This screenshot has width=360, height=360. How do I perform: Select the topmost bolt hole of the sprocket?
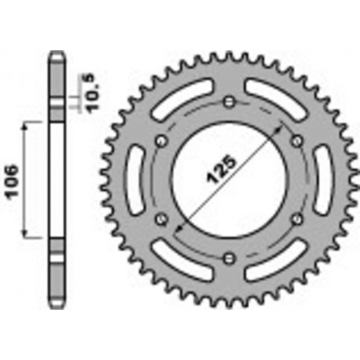tap(229, 101)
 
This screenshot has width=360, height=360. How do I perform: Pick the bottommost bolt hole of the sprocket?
tap(229, 257)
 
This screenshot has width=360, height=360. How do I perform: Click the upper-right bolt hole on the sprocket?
tap(296, 140)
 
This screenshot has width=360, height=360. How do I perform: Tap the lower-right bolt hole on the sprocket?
tap(296, 219)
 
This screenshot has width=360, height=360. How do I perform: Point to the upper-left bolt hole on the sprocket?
tap(162, 140)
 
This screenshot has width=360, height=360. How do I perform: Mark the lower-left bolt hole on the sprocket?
tap(162, 219)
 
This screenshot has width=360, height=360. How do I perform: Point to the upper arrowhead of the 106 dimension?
tap(28, 126)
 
